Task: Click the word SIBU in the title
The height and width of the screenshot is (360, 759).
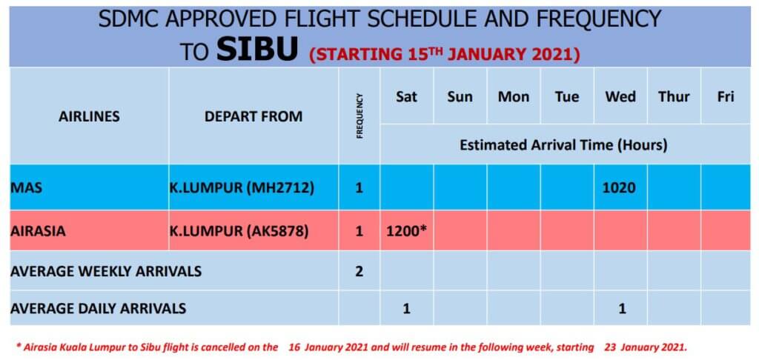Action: click(256, 50)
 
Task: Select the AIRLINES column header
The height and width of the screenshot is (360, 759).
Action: click(89, 116)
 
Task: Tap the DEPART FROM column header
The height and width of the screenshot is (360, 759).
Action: click(253, 116)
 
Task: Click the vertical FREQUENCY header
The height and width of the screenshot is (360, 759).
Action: click(359, 116)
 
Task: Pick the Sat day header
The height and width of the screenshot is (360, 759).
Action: click(407, 97)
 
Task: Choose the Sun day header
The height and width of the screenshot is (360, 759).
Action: click(460, 97)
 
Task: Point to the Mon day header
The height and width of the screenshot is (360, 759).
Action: click(514, 97)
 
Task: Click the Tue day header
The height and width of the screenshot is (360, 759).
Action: click(567, 97)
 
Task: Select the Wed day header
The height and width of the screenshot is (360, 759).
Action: click(620, 97)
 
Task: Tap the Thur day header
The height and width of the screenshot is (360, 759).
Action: click(674, 97)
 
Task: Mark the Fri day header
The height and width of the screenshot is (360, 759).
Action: click(726, 97)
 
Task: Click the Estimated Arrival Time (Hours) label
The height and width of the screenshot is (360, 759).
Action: click(563, 144)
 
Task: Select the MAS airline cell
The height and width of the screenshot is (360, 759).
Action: click(26, 187)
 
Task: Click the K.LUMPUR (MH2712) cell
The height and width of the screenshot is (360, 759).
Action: click(242, 187)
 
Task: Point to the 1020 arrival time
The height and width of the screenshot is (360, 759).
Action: click(619, 187)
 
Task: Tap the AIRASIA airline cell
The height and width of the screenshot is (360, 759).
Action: click(38, 231)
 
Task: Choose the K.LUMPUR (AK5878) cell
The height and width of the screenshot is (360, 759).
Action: click(239, 231)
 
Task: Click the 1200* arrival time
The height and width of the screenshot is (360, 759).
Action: click(406, 231)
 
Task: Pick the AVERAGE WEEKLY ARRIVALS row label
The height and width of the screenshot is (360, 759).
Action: click(106, 271)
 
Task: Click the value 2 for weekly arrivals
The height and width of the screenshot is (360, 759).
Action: click(359, 271)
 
